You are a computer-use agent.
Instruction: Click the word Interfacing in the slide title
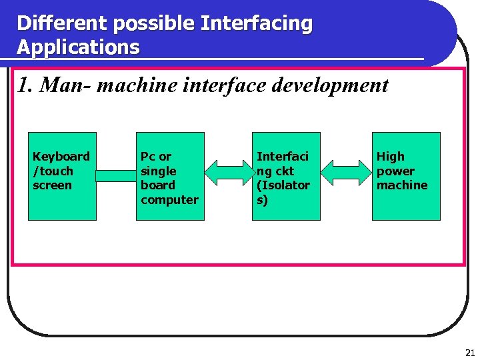[257, 24]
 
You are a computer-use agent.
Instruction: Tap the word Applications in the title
[78, 48]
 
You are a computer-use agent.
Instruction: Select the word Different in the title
[63, 24]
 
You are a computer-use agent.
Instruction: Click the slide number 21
[470, 353]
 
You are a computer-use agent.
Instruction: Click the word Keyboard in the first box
[61, 157]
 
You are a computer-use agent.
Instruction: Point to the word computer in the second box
[169, 200]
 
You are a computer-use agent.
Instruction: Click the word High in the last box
[390, 157]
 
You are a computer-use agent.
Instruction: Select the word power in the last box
[395, 171]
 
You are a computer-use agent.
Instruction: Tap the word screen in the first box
[52, 185]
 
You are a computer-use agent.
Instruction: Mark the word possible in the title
[154, 24]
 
